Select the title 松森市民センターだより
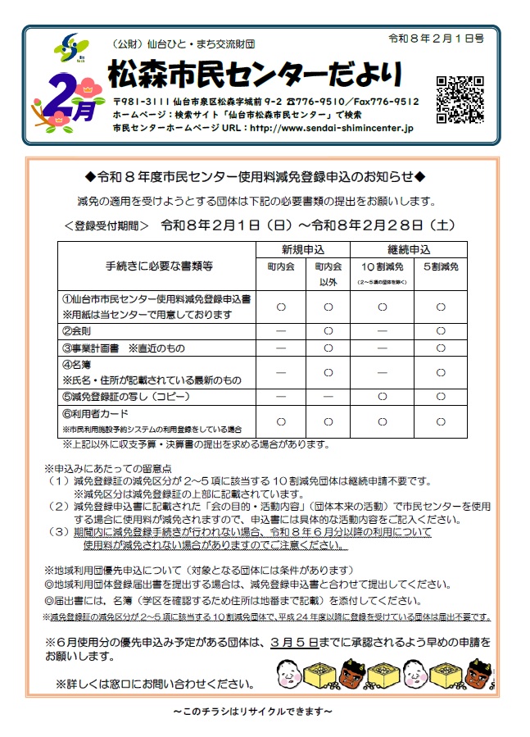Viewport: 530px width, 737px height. pyautogui.click(x=255, y=75)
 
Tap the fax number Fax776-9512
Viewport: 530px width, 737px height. pyautogui.click(x=387, y=102)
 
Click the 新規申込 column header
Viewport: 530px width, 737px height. pyautogui.click(x=304, y=249)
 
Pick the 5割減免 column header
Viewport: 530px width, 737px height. pyautogui.click(x=440, y=266)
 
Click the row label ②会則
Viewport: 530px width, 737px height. pyautogui.click(x=81, y=331)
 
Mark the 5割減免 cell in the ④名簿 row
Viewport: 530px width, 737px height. pyautogui.click(x=440, y=372)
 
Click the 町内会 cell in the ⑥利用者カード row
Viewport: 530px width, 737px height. pyautogui.click(x=280, y=421)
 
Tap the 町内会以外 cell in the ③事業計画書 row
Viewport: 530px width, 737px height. pyautogui.click(x=328, y=348)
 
